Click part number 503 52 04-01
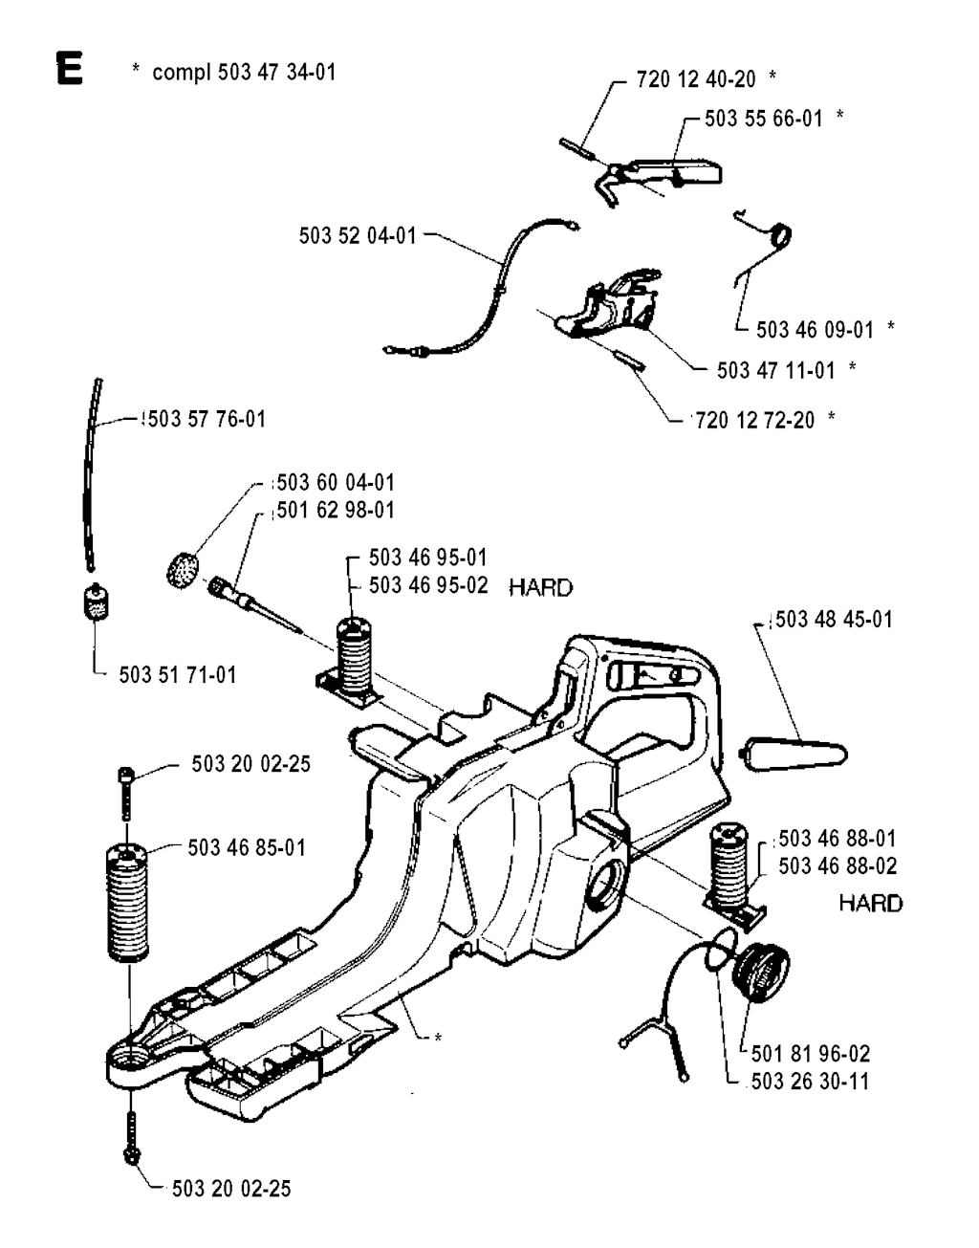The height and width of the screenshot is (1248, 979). (358, 235)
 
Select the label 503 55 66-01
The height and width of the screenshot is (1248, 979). (763, 118)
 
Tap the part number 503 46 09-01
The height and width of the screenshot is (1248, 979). (815, 329)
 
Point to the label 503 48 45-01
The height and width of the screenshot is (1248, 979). (834, 620)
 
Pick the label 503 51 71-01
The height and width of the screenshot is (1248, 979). (177, 675)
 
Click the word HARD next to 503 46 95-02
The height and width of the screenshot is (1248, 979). (541, 587)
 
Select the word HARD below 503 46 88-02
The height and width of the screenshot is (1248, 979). (870, 903)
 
